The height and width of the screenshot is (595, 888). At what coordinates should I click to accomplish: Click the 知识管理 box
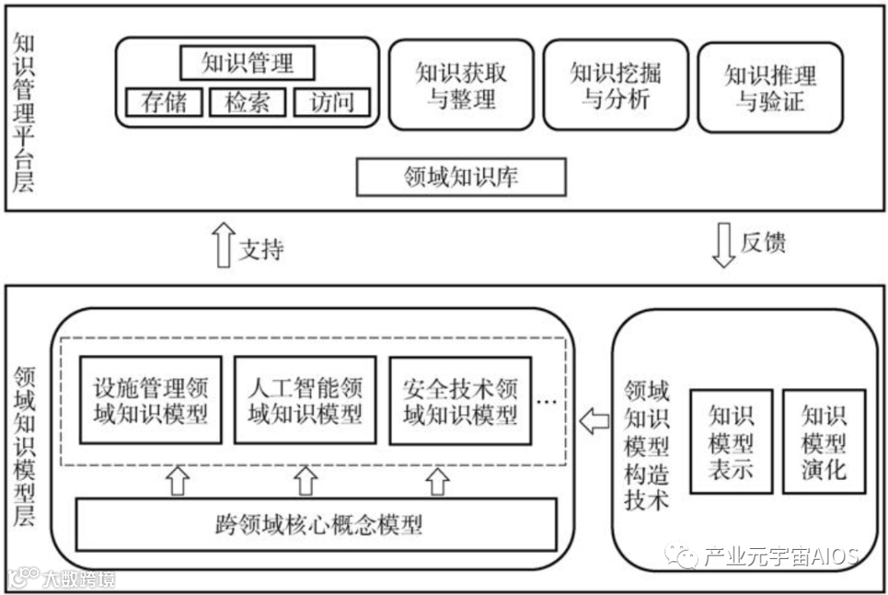coord(247,62)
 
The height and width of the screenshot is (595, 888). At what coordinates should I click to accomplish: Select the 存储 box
coord(164,102)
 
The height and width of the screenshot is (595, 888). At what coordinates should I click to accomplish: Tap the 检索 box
coord(247,102)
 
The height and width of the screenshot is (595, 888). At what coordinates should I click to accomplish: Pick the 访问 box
coord(332,102)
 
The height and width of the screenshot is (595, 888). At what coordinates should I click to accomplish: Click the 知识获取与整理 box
coord(461,85)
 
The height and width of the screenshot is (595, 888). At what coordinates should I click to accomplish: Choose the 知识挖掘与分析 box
coord(616,85)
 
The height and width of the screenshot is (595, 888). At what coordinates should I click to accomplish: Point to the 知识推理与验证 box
coord(770,88)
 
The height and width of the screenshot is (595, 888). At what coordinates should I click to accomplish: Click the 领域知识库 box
coord(461,177)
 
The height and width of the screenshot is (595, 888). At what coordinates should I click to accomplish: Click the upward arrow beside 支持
coord(222,246)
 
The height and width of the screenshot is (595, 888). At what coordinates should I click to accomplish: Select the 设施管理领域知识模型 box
coord(150,400)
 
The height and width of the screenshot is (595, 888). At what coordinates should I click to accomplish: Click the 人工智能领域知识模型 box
coord(305,400)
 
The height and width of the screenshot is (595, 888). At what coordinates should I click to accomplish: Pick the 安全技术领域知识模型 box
coord(460,400)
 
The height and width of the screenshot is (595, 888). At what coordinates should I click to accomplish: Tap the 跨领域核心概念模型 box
coord(317,524)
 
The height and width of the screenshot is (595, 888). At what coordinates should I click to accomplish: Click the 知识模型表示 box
coord(731,441)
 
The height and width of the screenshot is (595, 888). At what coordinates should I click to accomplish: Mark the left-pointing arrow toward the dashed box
coord(594,422)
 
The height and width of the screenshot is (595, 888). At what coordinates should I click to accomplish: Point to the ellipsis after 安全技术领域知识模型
coord(546,402)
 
